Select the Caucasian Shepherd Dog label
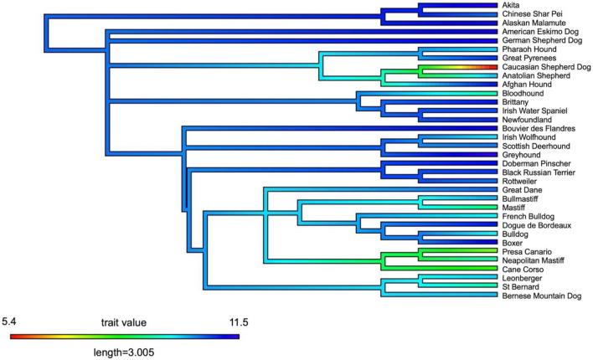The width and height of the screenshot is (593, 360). [542, 67]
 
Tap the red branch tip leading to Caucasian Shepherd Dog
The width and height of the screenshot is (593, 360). [494, 67]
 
